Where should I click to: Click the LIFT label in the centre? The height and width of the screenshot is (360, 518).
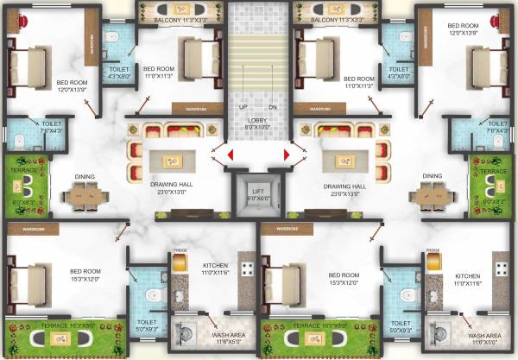point(258,190)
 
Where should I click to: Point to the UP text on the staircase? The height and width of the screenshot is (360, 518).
point(243,107)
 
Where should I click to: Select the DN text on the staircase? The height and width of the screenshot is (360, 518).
point(273,107)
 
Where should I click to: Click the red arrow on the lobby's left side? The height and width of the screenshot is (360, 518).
point(231,155)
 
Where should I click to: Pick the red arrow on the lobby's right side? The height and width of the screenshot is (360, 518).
point(286,155)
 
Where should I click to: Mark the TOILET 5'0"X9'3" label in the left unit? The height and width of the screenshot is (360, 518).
point(148,325)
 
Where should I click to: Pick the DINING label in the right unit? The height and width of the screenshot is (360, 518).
point(432,176)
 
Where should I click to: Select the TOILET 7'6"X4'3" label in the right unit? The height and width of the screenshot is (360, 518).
point(498,127)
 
